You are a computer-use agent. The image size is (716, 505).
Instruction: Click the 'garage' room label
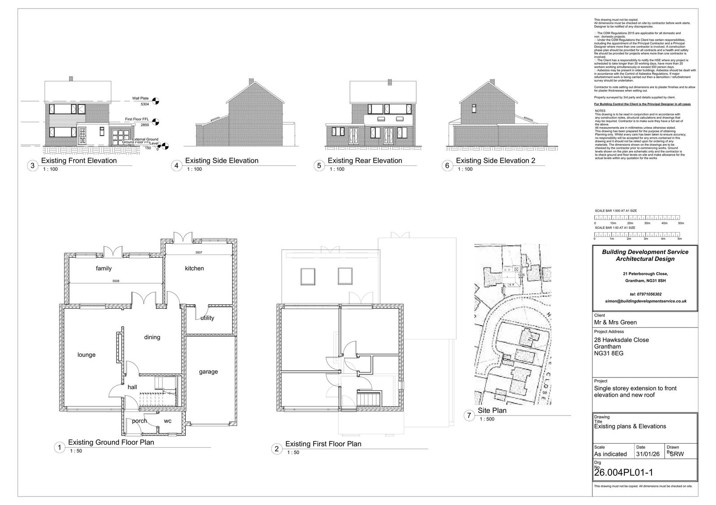coord(209,372)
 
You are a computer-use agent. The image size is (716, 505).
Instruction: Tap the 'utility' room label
coord(207,318)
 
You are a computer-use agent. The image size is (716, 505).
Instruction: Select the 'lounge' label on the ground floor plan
coord(86,355)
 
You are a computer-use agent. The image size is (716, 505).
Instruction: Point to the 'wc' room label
coord(167,421)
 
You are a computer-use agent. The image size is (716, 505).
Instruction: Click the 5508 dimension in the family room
coord(115,281)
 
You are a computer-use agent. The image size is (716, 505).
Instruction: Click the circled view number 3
coord(32,166)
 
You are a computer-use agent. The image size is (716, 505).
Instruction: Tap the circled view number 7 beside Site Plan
coord(469,416)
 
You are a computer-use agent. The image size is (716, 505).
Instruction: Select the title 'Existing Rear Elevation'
coord(365,161)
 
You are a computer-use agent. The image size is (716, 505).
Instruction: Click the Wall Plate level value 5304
coord(145,104)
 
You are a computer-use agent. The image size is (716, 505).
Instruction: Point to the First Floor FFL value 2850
coord(145,125)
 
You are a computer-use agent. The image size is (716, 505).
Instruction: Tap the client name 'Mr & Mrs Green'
coord(615,322)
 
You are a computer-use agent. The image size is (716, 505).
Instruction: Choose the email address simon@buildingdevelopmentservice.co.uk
coord(645,301)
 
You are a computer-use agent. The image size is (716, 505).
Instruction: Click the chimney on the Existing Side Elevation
coord(251,81)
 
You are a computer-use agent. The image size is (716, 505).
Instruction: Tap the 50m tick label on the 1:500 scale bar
coord(681,223)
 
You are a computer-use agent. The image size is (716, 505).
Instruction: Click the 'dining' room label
coord(152,337)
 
